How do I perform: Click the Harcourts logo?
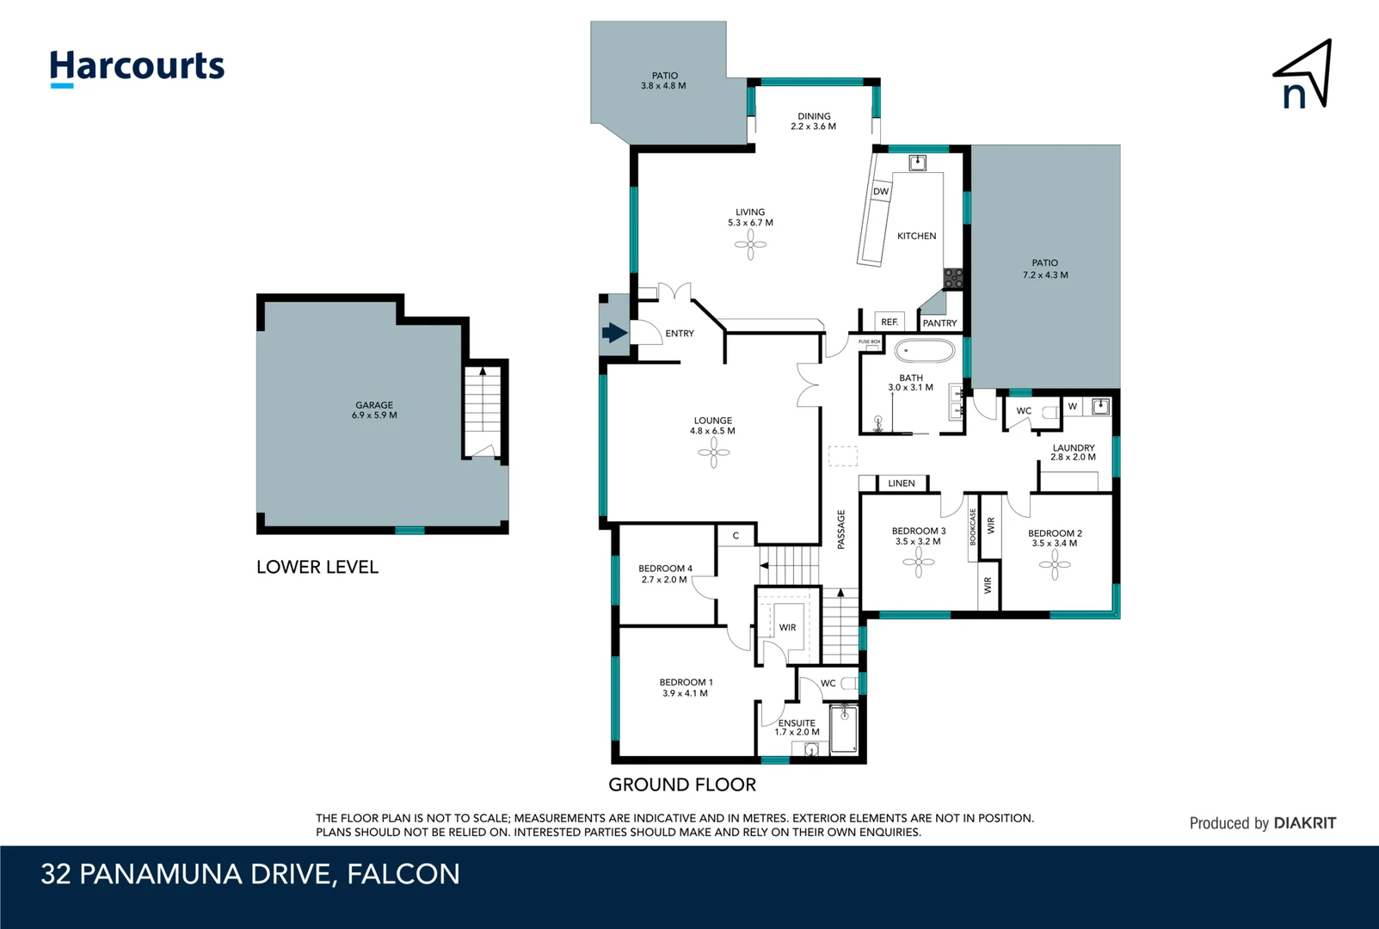click(x=137, y=68)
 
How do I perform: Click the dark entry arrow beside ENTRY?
click(x=613, y=333)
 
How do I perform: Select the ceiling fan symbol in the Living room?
click(x=750, y=245)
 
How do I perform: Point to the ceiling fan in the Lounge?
click(x=713, y=453)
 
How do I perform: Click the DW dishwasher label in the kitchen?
click(x=881, y=192)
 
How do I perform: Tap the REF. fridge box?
click(x=890, y=322)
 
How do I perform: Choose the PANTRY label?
click(x=939, y=323)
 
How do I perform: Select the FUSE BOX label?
click(x=869, y=341)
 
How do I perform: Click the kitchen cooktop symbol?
click(x=953, y=278)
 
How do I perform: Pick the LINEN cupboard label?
click(x=902, y=483)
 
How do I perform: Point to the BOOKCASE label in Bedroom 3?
click(x=973, y=526)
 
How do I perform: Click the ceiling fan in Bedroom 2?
click(x=1056, y=565)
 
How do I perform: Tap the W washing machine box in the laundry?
click(x=1073, y=406)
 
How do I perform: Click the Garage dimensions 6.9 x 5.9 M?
click(x=374, y=415)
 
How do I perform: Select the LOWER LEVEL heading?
click(x=317, y=567)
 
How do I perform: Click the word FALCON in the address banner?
click(x=403, y=874)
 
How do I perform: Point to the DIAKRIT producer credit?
click(x=1304, y=823)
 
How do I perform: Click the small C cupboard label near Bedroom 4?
click(x=736, y=536)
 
